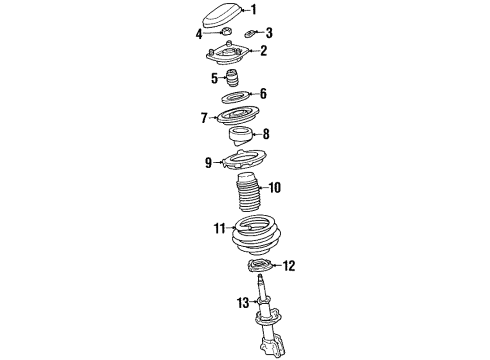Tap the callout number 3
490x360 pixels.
pyautogui.click(x=268, y=32)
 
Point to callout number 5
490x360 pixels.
pyautogui.click(x=213, y=77)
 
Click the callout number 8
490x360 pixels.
pyautogui.click(x=265, y=133)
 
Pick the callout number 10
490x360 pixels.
pyautogui.click(x=275, y=186)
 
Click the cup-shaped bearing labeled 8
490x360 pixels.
pyautogui.click(x=241, y=137)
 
